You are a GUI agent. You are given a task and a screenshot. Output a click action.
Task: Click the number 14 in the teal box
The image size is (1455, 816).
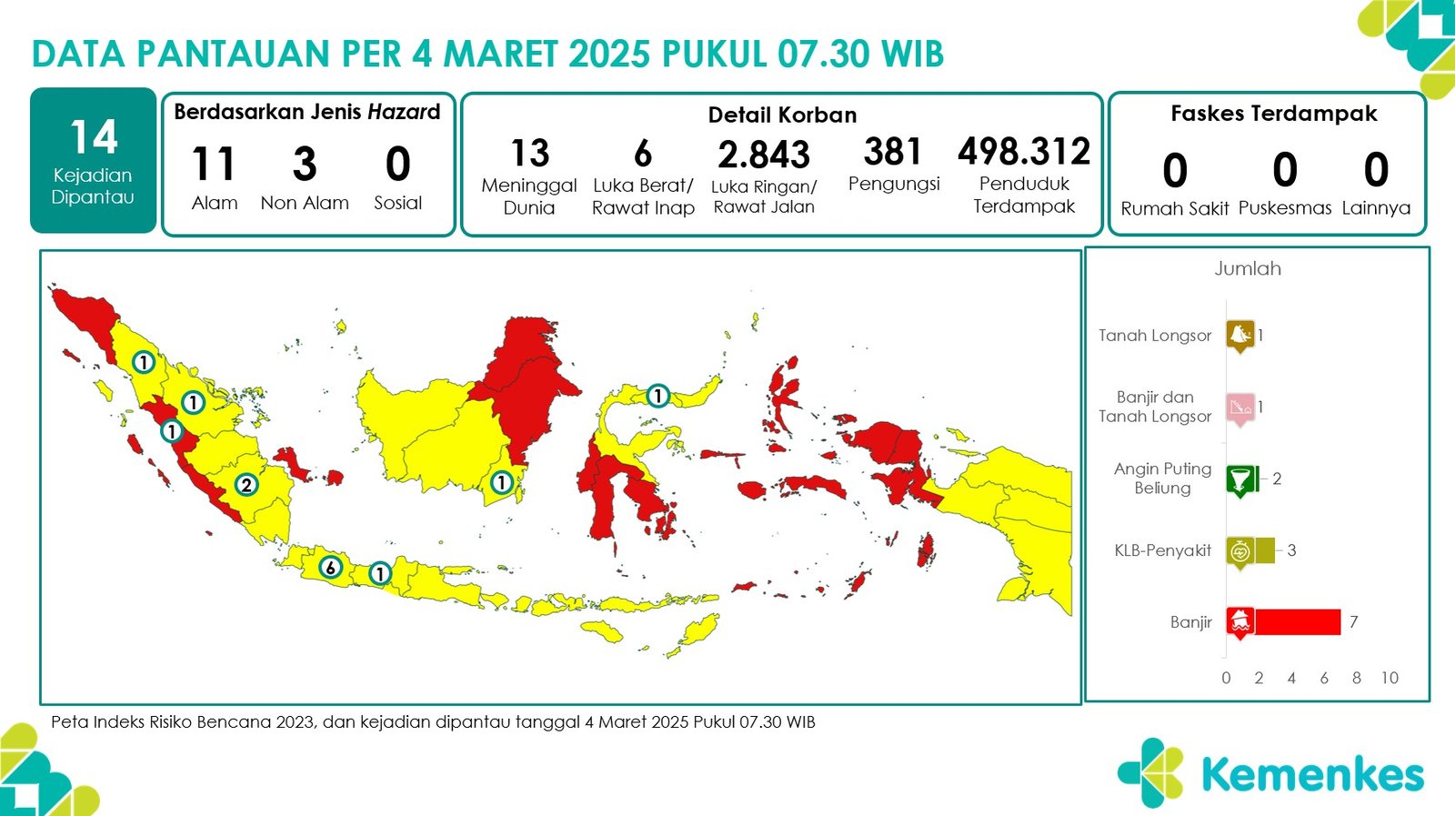pyautogui.click(x=94, y=137)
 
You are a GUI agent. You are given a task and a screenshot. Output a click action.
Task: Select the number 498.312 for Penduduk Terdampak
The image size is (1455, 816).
pyautogui.click(x=1024, y=151)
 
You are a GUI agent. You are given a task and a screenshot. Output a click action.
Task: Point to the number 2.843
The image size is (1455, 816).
pyautogui.click(x=764, y=155)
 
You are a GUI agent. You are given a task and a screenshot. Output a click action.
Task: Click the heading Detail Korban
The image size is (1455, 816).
pyautogui.click(x=782, y=115)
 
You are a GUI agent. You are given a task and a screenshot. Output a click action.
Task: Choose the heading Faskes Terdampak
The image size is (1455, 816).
pyautogui.click(x=1274, y=114)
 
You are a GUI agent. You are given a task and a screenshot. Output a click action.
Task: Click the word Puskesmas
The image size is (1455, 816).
pyautogui.click(x=1285, y=208)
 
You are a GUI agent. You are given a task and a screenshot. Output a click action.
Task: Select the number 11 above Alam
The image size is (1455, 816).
pyautogui.click(x=213, y=163)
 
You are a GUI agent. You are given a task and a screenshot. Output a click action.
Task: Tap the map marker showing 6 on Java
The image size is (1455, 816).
pyautogui.click(x=331, y=567)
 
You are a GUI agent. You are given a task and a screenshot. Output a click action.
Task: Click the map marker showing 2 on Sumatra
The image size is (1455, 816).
pyautogui.click(x=246, y=485)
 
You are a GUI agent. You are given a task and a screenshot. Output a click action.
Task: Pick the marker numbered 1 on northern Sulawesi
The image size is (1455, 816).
pyautogui.click(x=658, y=395)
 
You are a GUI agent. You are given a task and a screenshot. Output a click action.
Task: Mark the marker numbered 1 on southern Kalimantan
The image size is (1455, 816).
pyautogui.click(x=501, y=482)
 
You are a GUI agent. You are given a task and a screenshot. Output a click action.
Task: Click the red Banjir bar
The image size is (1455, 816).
pyautogui.click(x=1298, y=621)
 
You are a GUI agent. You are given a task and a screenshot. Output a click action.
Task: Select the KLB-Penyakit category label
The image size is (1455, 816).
pyautogui.click(x=1163, y=550)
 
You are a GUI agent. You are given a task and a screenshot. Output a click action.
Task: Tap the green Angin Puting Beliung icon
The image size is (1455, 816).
pyautogui.click(x=1240, y=480)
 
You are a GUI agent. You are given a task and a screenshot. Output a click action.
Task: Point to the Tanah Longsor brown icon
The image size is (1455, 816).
pyautogui.click(x=1240, y=337)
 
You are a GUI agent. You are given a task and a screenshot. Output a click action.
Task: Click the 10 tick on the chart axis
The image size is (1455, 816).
pyautogui.click(x=1390, y=678)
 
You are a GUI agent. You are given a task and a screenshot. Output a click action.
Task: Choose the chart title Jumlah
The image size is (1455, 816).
pyautogui.click(x=1248, y=268)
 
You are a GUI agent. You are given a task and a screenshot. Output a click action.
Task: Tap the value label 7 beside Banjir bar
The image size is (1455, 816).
pyautogui.click(x=1354, y=621)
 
